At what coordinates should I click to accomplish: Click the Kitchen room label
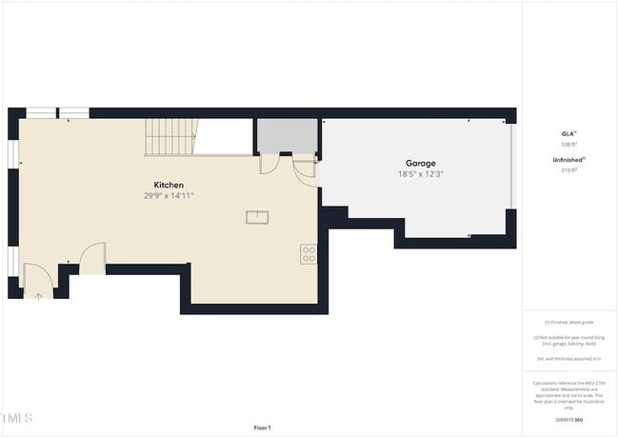169,185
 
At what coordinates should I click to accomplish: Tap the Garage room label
421,163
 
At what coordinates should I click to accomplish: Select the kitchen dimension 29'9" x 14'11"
169,195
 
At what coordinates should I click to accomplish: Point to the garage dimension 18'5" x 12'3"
421,174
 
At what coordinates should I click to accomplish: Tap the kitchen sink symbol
258,217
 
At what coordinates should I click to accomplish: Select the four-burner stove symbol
309,253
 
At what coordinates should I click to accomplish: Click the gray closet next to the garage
287,135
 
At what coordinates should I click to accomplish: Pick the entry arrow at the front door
38,295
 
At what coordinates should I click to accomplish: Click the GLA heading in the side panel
568,133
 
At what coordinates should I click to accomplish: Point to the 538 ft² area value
568,145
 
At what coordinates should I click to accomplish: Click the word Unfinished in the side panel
567,159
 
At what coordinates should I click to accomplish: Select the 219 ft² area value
568,170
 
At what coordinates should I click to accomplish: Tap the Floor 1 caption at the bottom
262,428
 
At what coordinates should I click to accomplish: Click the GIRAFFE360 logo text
569,419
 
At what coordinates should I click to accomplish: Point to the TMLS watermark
17,418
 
